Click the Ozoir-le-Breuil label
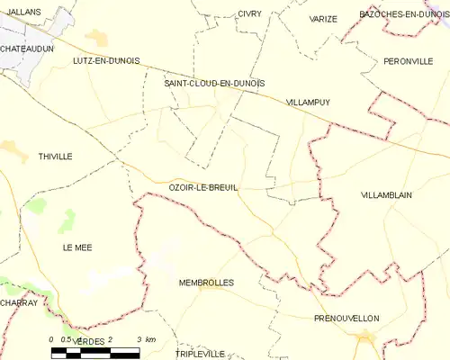[203, 186]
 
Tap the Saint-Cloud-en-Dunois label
[214, 83]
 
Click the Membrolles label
[206, 283]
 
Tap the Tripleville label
[200, 354]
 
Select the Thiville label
[55, 157]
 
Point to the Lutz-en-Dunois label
[106, 60]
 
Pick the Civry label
[249, 13]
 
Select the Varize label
[323, 18]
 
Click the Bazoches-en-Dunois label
[402, 14]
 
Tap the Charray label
[19, 303]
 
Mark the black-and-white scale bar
[94, 350]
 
